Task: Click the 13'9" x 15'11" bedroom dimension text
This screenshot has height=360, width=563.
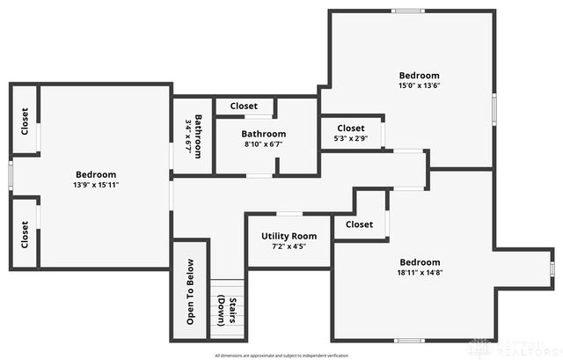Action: (x=95, y=185)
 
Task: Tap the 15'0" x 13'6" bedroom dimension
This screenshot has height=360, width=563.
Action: (x=419, y=86)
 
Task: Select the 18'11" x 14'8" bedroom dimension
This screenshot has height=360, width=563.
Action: (x=420, y=273)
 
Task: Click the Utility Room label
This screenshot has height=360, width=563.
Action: (x=289, y=236)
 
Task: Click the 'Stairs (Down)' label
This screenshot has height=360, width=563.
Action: (x=228, y=311)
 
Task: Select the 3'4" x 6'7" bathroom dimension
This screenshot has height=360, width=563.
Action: (x=188, y=136)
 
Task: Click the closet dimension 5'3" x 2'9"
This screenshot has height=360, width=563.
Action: (x=350, y=139)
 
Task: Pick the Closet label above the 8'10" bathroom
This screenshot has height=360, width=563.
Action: (x=244, y=106)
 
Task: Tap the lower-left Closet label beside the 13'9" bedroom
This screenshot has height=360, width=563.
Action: (x=25, y=233)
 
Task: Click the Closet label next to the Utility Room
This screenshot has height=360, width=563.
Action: (x=359, y=224)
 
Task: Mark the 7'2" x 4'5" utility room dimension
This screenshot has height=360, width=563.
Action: (x=289, y=246)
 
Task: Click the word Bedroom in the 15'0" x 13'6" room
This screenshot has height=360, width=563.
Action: (x=419, y=76)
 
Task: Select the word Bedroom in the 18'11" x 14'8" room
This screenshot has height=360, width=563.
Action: (x=420, y=262)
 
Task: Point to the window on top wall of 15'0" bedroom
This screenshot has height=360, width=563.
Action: (x=407, y=11)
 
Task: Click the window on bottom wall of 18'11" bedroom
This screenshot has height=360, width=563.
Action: (x=409, y=341)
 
